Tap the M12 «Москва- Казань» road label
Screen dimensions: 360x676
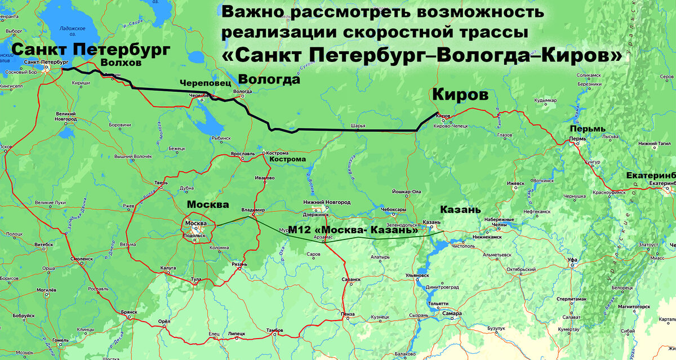click(x=353, y=230)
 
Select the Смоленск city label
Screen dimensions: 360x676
click(x=82, y=259)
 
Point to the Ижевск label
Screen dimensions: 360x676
click(x=515, y=183)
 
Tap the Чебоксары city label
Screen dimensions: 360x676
click(x=395, y=210)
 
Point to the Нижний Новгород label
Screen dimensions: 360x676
click(x=327, y=202)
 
